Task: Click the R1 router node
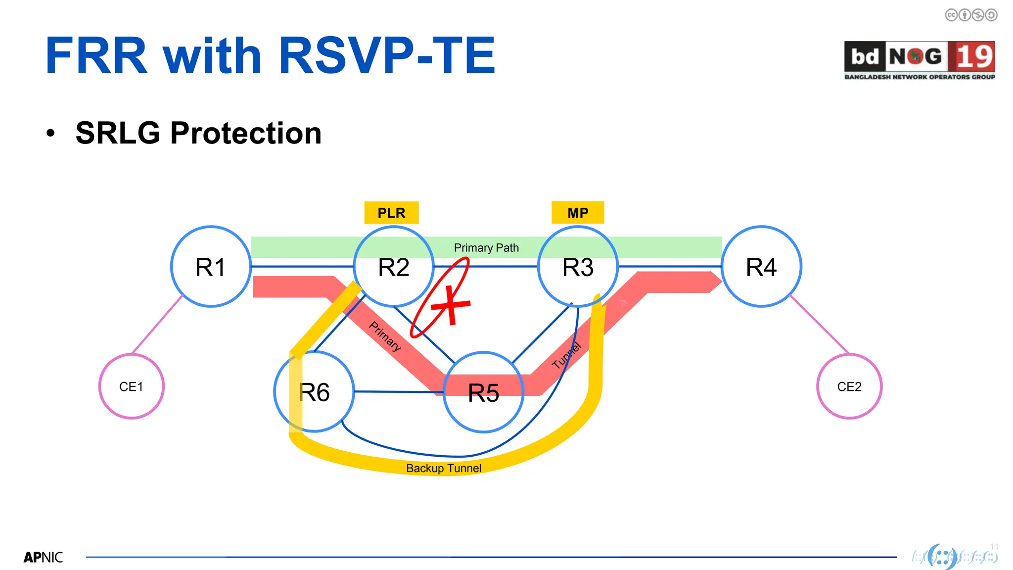[x=211, y=267]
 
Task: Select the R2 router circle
[x=394, y=267]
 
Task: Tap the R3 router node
[x=578, y=267]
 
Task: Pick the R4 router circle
[x=761, y=267]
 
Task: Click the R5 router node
[x=483, y=392]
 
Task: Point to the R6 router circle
[x=315, y=392]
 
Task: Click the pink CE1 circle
[x=131, y=386]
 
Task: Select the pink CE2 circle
[x=849, y=386]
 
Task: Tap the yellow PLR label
[x=391, y=213]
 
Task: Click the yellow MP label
[x=578, y=213]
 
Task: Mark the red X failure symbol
[x=451, y=305]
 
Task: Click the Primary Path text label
[x=486, y=247]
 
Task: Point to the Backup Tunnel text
[x=444, y=468]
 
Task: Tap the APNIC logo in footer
[x=44, y=558]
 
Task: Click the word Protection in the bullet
[x=246, y=133]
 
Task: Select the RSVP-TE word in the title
[x=387, y=55]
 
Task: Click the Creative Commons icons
[x=971, y=15]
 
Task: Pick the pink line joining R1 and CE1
[x=157, y=325]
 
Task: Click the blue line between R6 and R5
[x=399, y=392]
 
